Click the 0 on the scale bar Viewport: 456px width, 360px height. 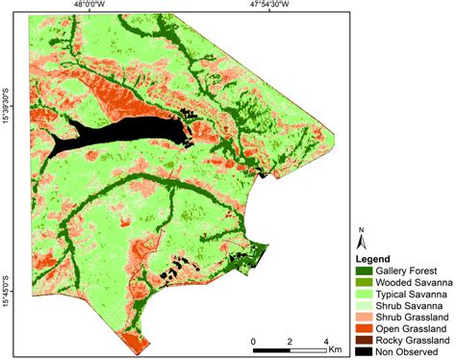(253, 342)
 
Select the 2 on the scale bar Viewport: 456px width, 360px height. (290, 342)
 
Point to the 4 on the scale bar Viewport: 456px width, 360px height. (326, 342)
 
